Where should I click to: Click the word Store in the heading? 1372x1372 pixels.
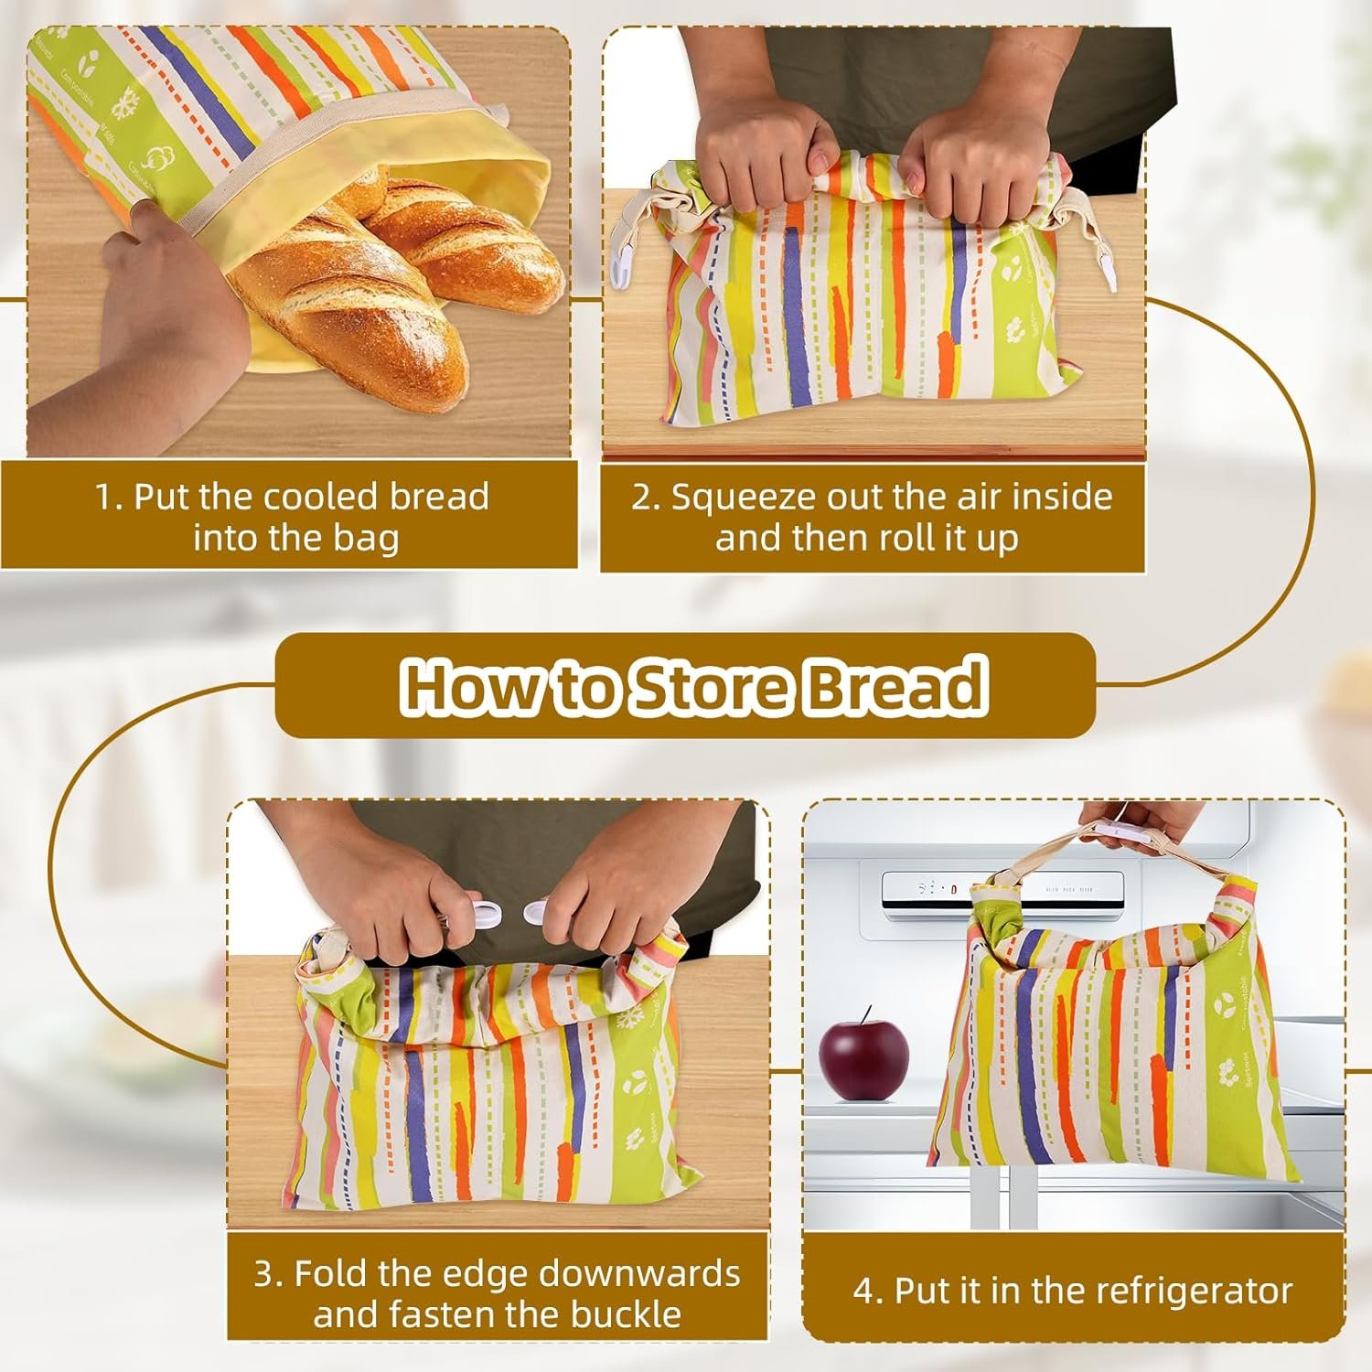[x=709, y=686]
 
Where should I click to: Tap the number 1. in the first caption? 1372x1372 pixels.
[x=108, y=497]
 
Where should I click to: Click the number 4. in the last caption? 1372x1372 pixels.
[x=867, y=1291]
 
